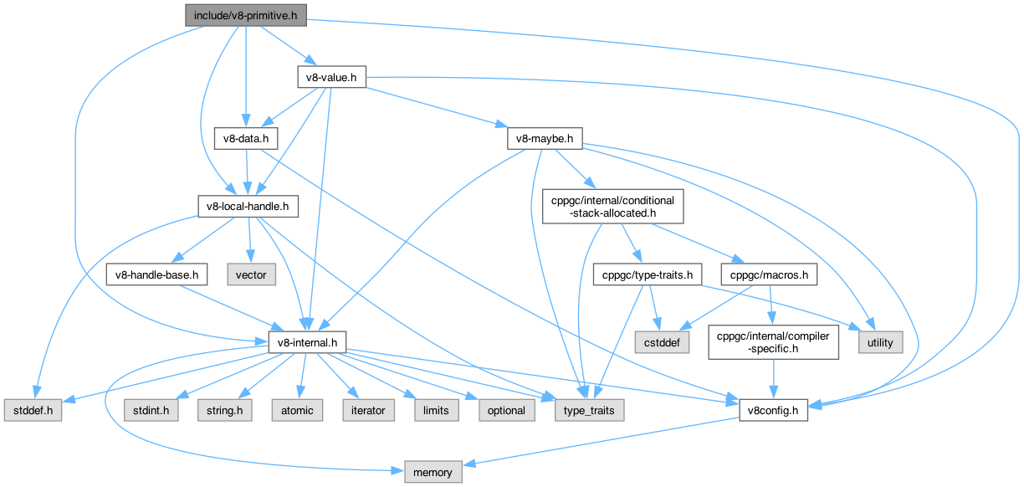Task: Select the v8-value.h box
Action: [332, 77]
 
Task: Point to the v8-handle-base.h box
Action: [157, 274]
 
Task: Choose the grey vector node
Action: [251, 274]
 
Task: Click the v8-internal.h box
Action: [307, 341]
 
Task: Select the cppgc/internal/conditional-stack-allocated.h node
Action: [613, 206]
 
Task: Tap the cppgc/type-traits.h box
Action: [643, 274]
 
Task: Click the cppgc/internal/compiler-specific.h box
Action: [773, 341]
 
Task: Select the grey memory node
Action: [432, 472]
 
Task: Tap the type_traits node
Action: [589, 410]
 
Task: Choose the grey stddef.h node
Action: [31, 410]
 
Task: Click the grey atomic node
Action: [297, 410]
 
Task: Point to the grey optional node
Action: [505, 410]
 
